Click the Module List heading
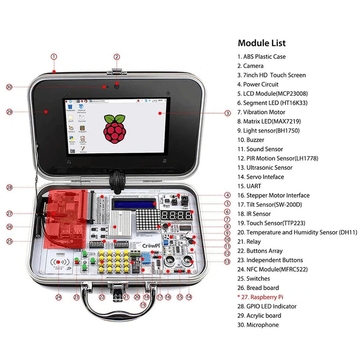[x=262, y=43]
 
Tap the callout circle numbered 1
[x=54, y=57]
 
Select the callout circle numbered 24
[x=59, y=297]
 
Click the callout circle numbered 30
[x=9, y=87]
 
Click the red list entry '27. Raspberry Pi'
[x=266, y=297]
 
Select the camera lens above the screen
[x=117, y=85]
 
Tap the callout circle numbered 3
[x=228, y=113]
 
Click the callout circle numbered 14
[x=189, y=297]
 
